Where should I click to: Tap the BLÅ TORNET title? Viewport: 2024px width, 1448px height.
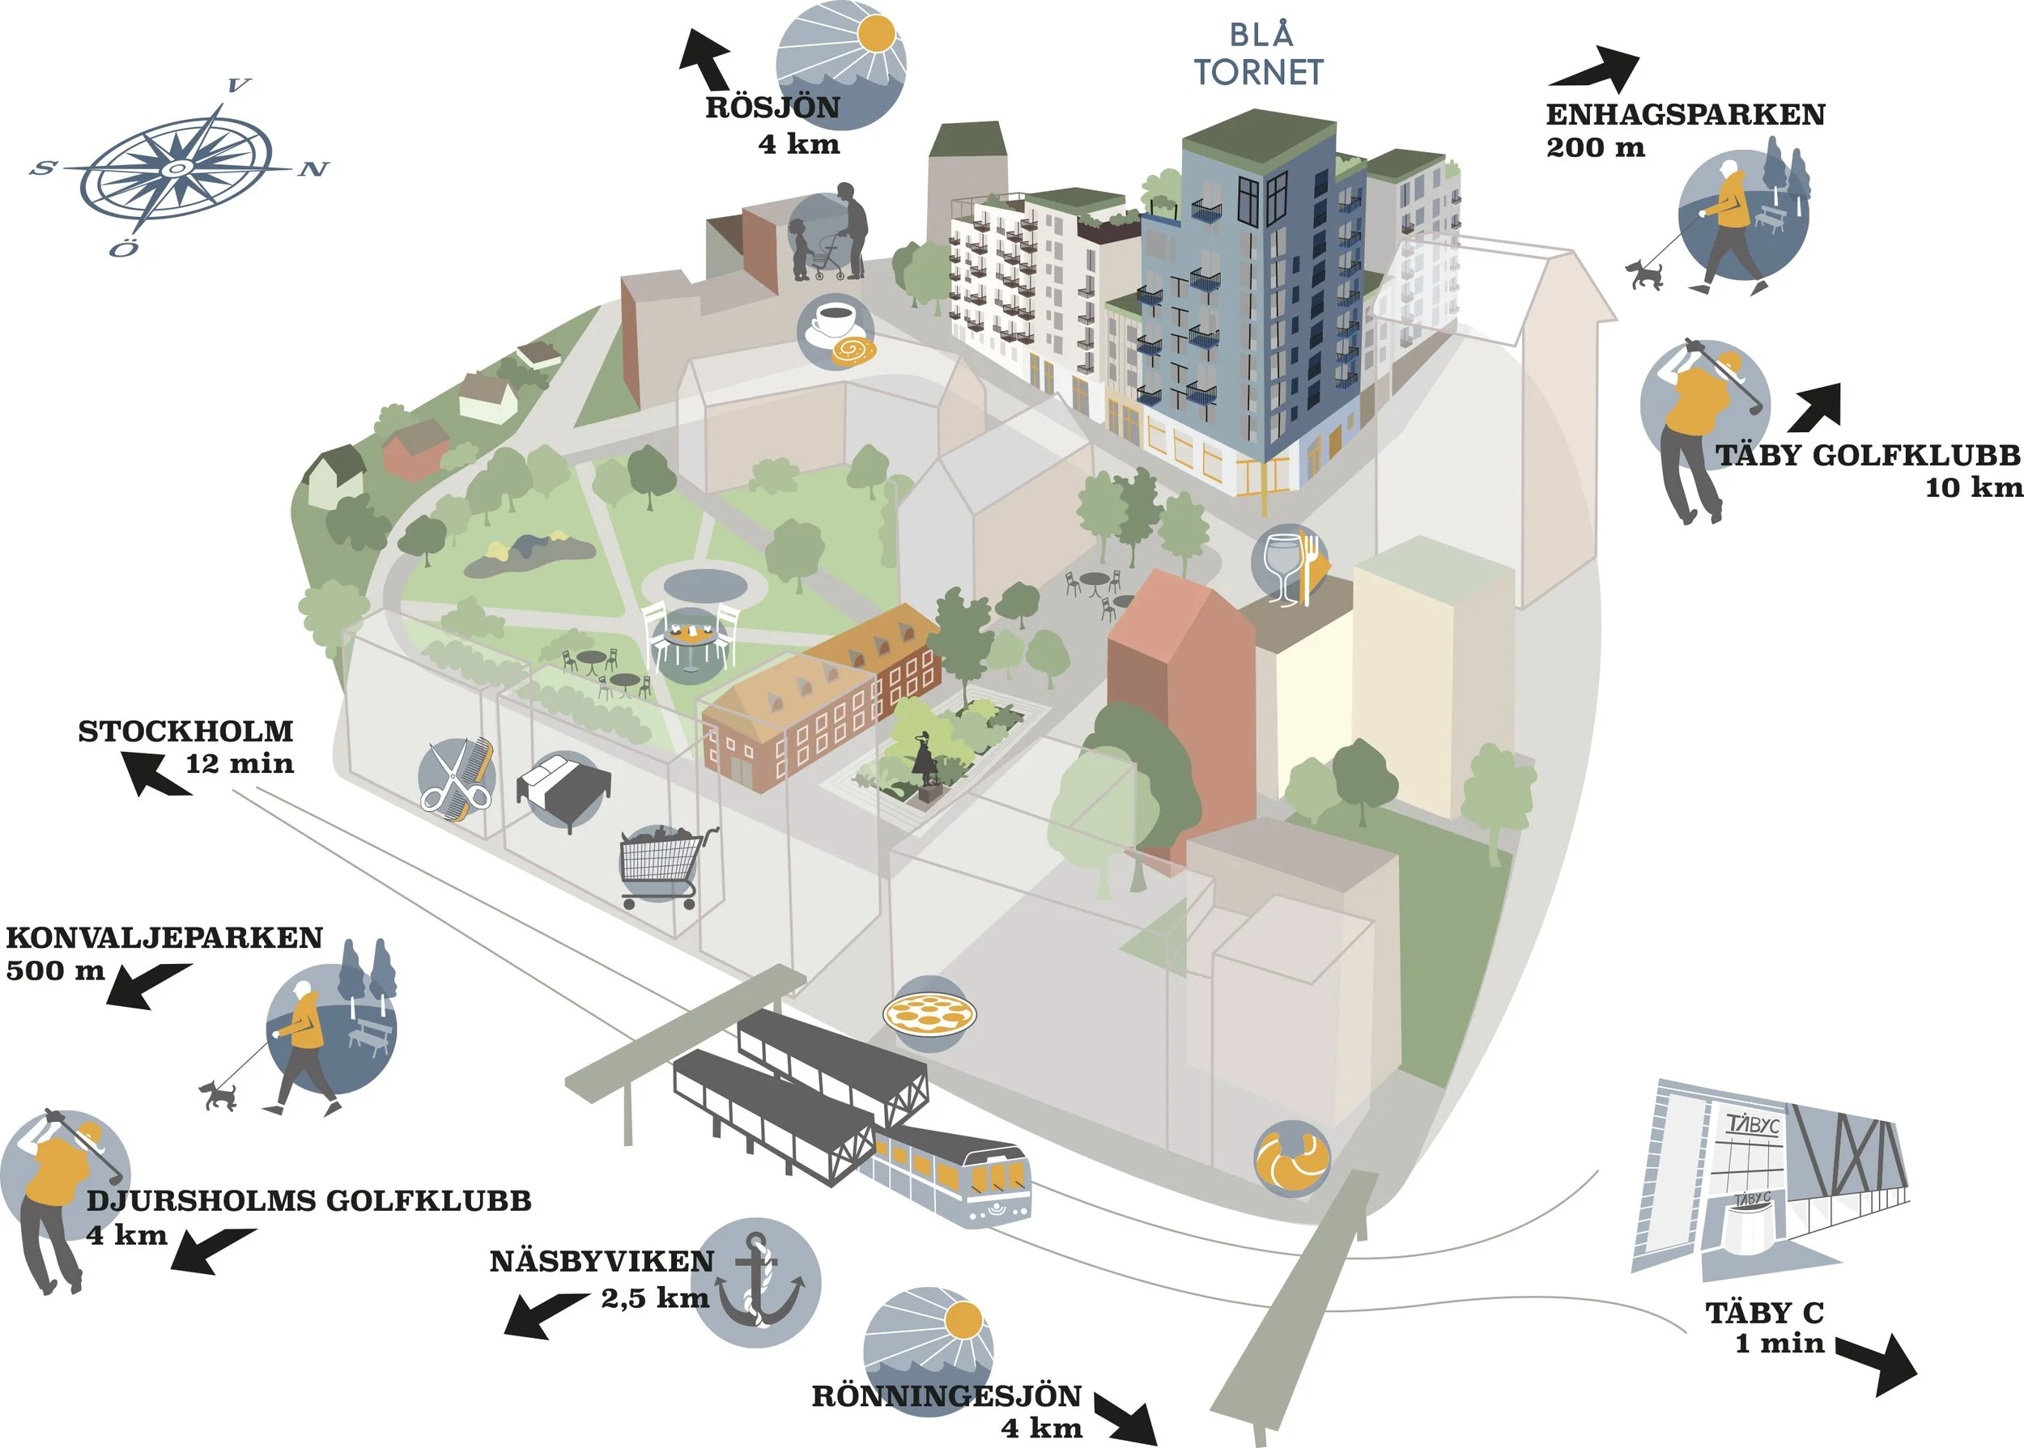1258,54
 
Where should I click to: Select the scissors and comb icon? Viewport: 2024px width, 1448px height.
457,779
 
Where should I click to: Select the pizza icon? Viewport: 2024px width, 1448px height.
929,1014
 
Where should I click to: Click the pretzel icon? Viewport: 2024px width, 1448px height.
1292,1158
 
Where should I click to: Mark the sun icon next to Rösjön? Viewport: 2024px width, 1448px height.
841,64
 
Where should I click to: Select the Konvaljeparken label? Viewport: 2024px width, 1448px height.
164,938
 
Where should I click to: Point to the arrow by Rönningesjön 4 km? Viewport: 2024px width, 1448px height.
1125,1418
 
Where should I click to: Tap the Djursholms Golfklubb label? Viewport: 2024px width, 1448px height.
308,1201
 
